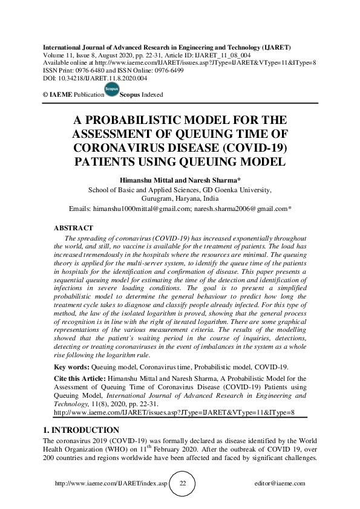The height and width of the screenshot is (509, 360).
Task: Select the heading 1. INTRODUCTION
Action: [x=82, y=430]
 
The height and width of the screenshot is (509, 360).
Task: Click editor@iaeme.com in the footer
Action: [x=280, y=484]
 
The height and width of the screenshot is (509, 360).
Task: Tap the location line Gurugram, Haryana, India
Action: [x=180, y=198]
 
